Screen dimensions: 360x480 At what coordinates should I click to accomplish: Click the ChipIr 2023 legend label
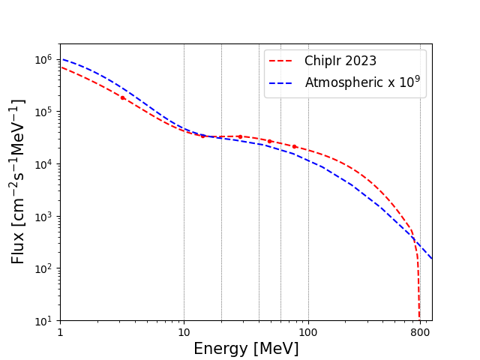[340, 61]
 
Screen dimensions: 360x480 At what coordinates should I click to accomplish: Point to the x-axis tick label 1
[60, 332]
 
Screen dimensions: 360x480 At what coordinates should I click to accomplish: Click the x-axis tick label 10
[184, 332]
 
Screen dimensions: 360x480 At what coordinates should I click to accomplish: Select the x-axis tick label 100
[307, 332]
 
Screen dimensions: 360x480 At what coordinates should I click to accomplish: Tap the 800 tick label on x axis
[420, 332]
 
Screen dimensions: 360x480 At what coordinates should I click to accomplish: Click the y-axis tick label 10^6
[44, 59]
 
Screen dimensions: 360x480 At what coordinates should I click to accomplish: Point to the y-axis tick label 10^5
[44, 112]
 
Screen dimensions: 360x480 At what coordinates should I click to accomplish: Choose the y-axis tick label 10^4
[44, 164]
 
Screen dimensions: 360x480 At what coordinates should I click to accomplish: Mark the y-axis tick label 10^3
[44, 217]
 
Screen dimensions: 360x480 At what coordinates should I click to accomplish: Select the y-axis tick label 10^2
[44, 268]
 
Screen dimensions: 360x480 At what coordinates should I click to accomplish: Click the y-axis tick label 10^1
[44, 321]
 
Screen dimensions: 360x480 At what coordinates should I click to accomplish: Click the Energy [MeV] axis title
[246, 349]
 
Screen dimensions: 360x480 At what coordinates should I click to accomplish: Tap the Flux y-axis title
[19, 181]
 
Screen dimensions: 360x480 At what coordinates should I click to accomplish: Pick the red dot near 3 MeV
[122, 97]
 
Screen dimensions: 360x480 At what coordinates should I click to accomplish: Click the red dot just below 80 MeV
[294, 146]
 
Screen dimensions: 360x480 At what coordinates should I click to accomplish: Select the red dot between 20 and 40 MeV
[240, 136]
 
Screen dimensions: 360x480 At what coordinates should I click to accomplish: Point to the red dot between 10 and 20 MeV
[202, 136]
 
